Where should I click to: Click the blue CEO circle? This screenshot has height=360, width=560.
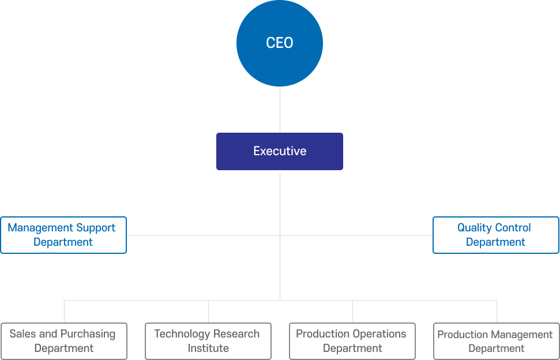280,43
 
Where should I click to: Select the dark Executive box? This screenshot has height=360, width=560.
280,151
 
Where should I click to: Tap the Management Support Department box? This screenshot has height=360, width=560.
63,235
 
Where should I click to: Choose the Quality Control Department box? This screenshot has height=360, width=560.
496,235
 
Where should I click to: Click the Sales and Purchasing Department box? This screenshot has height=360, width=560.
64,341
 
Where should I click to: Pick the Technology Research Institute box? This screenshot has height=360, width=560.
208,341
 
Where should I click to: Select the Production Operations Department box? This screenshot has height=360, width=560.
352,341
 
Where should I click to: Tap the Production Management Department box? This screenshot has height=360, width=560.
496,341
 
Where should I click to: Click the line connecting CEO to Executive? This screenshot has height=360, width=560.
280,110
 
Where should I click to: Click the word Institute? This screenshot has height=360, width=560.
208,348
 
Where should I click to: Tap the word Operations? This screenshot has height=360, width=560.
379,334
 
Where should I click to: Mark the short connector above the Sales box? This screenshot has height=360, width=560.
64,312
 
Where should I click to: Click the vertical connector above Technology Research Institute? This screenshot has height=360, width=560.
208,312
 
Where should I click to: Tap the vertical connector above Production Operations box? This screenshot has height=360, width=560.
352,312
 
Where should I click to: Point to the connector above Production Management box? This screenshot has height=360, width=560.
497,312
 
